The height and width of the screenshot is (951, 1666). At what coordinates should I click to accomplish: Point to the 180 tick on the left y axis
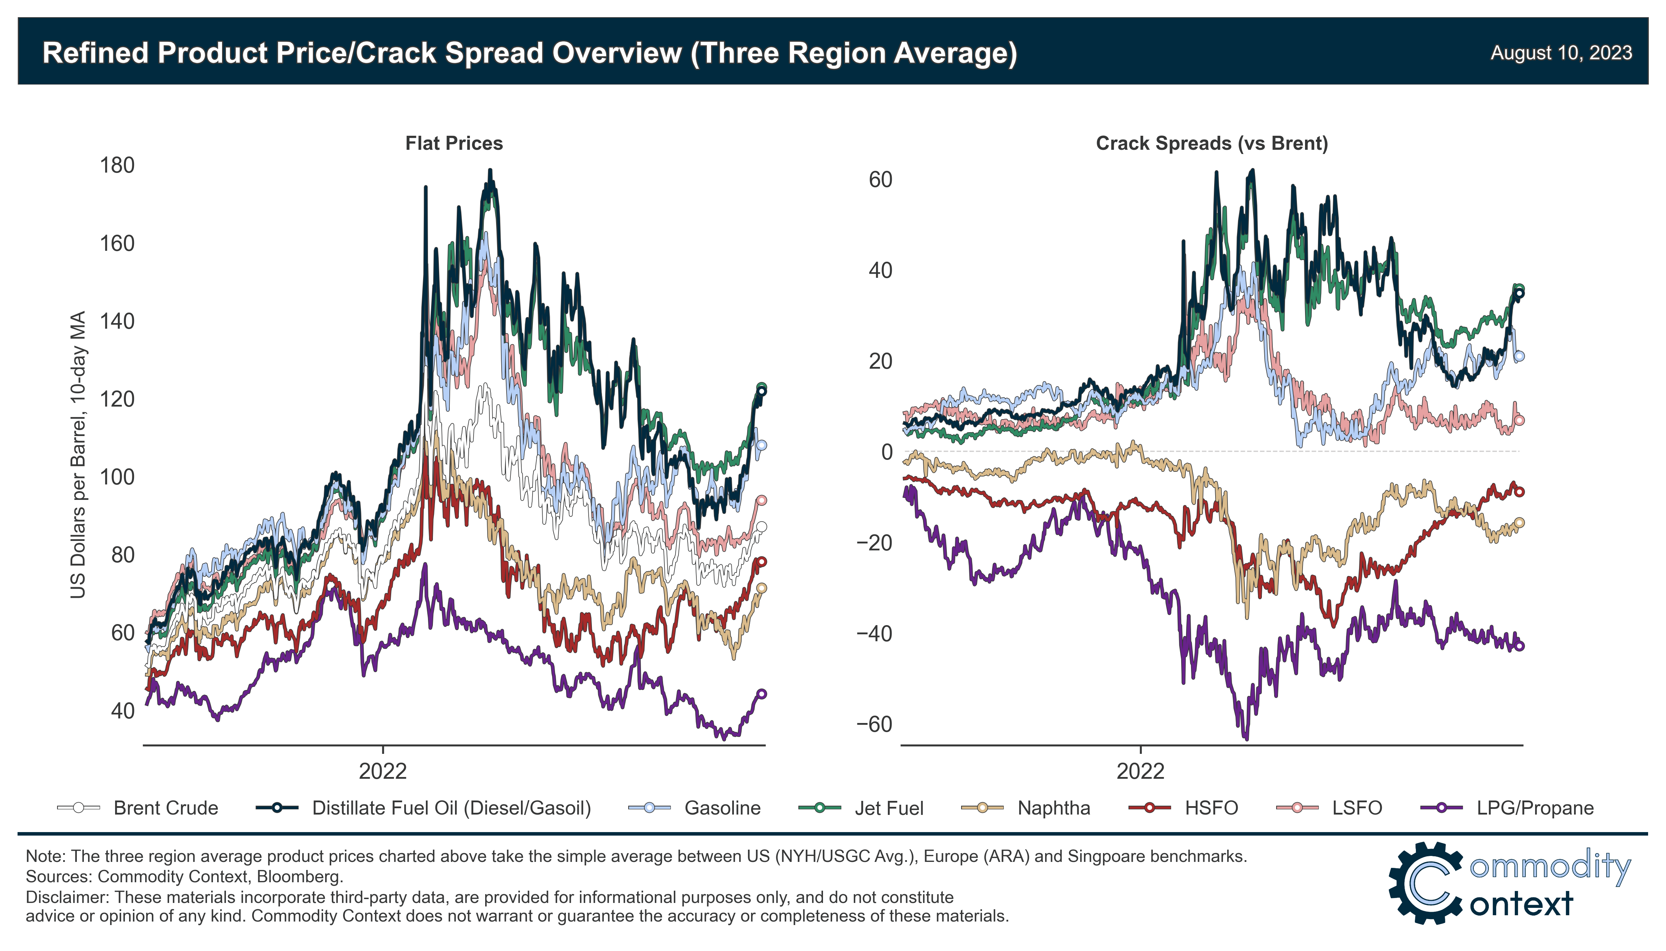[x=118, y=165]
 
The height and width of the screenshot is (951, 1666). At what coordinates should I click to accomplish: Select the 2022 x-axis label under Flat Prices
[x=383, y=771]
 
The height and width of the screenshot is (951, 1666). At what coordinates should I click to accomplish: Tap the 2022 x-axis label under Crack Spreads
[x=1140, y=771]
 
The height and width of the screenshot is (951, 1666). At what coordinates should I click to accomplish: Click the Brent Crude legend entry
[x=165, y=808]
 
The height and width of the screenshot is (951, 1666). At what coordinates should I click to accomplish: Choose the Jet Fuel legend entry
[x=888, y=808]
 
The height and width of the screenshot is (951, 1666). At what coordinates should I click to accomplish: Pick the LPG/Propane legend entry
[x=1535, y=808]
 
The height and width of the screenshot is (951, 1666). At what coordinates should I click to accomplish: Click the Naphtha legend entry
[x=1053, y=808]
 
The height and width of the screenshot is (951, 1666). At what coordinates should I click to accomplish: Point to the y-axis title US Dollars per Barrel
[x=78, y=454]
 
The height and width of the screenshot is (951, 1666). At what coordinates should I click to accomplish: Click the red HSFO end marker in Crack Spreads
[x=1519, y=492]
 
